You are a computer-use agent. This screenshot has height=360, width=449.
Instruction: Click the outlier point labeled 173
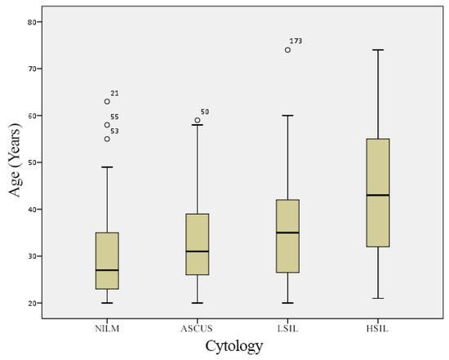click(x=287, y=50)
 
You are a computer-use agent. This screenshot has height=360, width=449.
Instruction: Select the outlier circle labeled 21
click(x=107, y=101)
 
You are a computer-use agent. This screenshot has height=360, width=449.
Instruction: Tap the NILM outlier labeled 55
click(x=107, y=125)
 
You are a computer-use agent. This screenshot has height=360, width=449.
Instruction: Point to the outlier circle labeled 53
click(x=107, y=139)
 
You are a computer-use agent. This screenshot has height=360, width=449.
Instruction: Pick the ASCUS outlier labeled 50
click(x=198, y=120)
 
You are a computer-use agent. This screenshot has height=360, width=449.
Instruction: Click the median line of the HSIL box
click(x=378, y=195)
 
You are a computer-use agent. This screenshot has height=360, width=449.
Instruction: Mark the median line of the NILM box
click(x=107, y=270)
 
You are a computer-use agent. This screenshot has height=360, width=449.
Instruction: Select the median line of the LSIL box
click(x=287, y=233)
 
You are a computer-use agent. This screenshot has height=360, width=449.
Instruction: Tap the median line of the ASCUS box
click(x=198, y=251)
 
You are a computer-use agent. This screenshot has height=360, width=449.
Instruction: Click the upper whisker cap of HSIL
click(x=378, y=50)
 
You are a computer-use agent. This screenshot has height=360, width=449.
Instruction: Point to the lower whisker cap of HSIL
click(x=378, y=299)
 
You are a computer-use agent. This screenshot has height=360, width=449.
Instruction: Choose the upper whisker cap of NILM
click(x=107, y=167)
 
